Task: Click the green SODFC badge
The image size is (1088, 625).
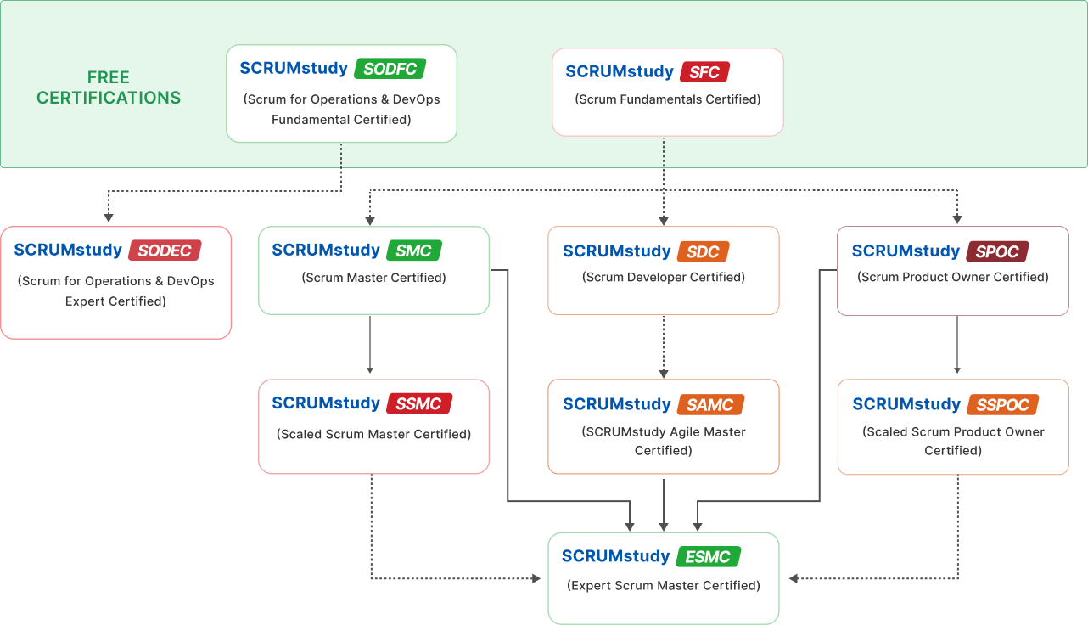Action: click(x=390, y=69)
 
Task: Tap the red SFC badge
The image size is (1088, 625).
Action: click(x=704, y=72)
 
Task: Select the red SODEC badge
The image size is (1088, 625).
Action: click(x=165, y=251)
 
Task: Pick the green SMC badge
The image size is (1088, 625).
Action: click(x=414, y=251)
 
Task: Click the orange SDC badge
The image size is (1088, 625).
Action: click(x=703, y=251)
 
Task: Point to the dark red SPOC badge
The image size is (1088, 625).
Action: click(x=997, y=251)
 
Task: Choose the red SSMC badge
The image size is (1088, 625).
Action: click(x=418, y=403)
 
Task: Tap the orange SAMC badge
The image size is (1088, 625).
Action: click(x=710, y=404)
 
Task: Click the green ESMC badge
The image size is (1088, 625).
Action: click(x=708, y=557)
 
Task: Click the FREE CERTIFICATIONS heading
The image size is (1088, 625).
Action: click(x=109, y=87)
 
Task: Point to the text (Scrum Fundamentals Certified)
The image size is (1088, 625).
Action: click(x=668, y=99)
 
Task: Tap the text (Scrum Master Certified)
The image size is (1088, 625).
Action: click(x=373, y=278)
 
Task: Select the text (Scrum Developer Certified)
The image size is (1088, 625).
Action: click(x=664, y=278)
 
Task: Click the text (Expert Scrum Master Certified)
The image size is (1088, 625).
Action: click(x=664, y=585)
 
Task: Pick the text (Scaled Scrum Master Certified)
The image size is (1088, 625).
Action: click(x=373, y=434)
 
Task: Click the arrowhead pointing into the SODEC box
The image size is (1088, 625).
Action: click(x=109, y=218)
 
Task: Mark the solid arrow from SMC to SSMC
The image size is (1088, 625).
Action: click(x=370, y=344)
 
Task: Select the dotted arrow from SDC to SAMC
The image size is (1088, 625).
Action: click(x=664, y=346)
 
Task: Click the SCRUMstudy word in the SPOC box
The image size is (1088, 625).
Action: click(x=906, y=251)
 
